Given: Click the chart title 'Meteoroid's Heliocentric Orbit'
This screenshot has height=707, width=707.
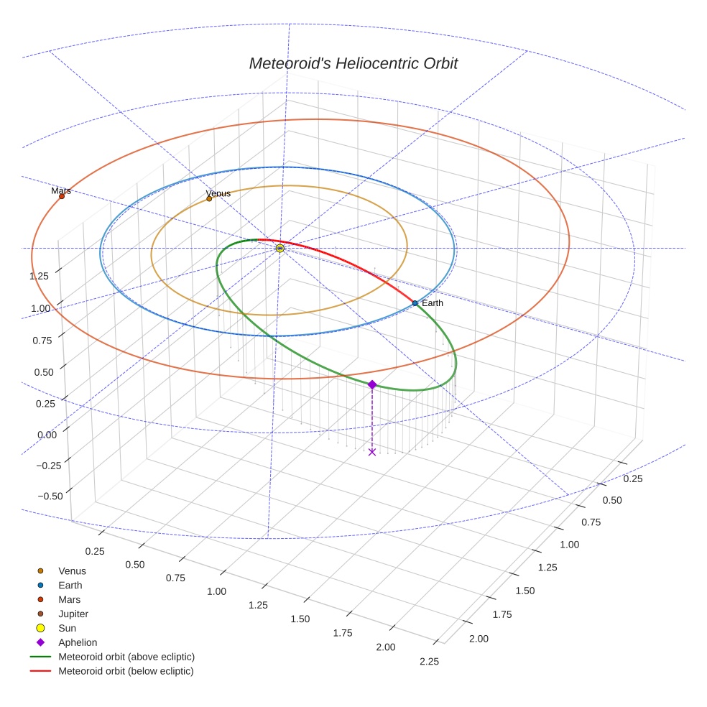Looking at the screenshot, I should pyautogui.click(x=353, y=63).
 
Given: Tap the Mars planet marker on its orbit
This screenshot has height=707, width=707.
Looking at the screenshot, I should pyautogui.click(x=62, y=196).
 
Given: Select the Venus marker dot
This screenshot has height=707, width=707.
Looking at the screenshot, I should pyautogui.click(x=209, y=198).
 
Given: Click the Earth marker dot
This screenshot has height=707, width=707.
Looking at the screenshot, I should pyautogui.click(x=415, y=303).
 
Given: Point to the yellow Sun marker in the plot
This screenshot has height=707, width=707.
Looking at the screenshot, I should pyautogui.click(x=279, y=248).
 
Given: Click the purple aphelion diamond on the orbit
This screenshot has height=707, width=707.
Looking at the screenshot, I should pyautogui.click(x=371, y=385).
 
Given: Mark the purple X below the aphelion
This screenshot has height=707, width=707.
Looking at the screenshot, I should pyautogui.click(x=371, y=451).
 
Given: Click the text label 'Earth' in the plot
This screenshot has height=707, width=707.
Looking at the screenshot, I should pyautogui.click(x=433, y=303).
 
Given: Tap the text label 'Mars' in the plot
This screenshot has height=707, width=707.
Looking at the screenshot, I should pyautogui.click(x=61, y=191).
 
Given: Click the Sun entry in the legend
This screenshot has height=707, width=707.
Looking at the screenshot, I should pyautogui.click(x=67, y=628).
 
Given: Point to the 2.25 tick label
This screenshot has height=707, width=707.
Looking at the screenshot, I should pyautogui.click(x=428, y=662).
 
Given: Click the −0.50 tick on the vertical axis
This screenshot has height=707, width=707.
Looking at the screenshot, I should pyautogui.click(x=48, y=496).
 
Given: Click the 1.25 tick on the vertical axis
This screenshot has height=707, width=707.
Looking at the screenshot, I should pyautogui.click(x=39, y=276).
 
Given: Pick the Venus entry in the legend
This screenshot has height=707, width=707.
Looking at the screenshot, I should pyautogui.click(x=72, y=571).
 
